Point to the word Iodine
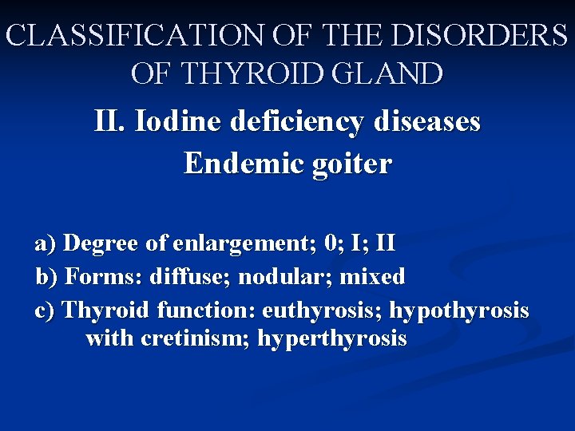tap(179, 122)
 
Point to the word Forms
tap(95, 277)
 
